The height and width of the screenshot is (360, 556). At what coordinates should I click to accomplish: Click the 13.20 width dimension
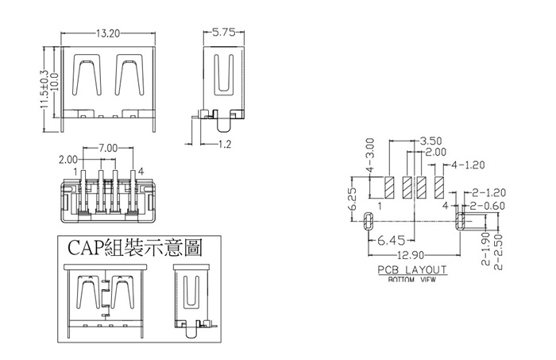pos(108,34)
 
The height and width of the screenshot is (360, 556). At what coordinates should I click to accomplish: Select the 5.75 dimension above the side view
pos(223,34)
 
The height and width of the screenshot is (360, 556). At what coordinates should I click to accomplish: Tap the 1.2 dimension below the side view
pos(224,145)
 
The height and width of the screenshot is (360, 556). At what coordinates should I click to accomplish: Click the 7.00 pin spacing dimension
pos(108,149)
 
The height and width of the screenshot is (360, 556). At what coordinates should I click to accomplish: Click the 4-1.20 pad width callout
pos(466,166)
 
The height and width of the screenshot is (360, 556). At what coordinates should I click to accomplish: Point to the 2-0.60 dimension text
pos(488,206)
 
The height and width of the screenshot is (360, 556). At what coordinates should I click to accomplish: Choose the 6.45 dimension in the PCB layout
pos(392,239)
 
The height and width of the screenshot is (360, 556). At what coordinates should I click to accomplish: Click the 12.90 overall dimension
pos(408,254)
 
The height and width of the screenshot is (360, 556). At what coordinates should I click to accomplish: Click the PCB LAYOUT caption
pos(412,269)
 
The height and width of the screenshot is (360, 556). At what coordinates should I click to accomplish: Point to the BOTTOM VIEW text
pos(412,280)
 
